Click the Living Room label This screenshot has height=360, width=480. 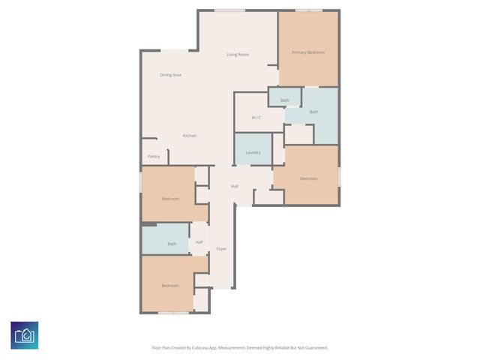(238, 55)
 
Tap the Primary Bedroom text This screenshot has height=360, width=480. (308, 52)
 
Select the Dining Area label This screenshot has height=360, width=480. (170, 75)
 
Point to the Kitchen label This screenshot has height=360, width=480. (190, 136)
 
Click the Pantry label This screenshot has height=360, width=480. (153, 157)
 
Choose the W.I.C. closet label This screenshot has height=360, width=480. (256, 118)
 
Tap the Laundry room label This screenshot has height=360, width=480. (253, 152)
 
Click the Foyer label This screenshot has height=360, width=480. (221, 248)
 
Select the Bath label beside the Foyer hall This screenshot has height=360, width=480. (172, 244)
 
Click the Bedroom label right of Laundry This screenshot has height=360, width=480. (308, 178)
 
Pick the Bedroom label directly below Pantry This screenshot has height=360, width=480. (170, 199)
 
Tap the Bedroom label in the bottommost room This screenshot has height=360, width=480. (170, 286)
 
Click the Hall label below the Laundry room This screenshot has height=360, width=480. (235, 186)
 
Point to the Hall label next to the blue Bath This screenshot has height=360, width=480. (199, 241)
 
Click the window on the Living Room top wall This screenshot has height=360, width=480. (229, 10)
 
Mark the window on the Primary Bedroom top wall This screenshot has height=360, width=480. (308, 10)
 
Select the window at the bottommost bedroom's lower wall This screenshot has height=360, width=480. (173, 313)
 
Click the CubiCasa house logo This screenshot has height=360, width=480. (25, 335)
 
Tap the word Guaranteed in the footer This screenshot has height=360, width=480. (314, 348)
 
